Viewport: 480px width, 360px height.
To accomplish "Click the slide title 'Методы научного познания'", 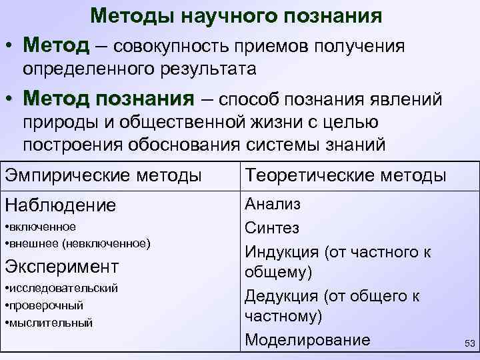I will pos(236,16).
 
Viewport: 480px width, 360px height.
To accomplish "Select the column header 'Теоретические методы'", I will pos(345,176).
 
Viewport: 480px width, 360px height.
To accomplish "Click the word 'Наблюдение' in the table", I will pos(60,205).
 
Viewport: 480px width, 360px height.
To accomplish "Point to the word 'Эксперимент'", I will pos(62,267).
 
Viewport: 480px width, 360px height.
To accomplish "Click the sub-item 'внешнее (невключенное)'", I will pos(77,243).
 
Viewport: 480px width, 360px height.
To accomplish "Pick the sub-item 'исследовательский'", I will pos(61,288).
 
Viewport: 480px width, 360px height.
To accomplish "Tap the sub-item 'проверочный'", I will pos(44,305).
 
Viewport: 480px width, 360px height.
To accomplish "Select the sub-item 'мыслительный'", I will pos(49,323).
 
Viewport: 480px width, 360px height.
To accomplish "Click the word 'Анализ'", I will pos(273,204).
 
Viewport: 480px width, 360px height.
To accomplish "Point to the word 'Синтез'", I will pos(272,228).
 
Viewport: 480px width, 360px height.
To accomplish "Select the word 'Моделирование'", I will pos(307,339).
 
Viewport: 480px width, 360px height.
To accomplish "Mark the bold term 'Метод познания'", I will pos(107,99).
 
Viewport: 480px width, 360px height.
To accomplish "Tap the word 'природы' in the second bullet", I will pos(55,123).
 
